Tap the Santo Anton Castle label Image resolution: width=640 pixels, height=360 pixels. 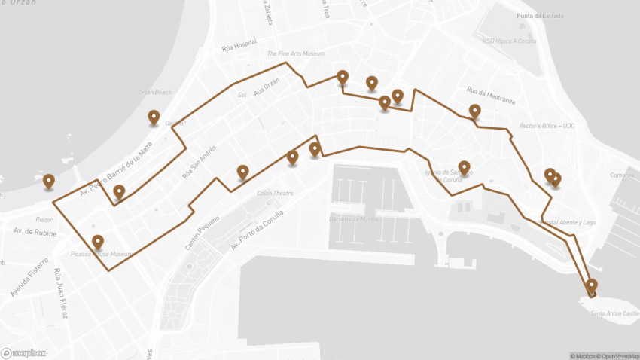[614, 313]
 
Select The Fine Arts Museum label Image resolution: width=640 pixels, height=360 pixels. [296, 54]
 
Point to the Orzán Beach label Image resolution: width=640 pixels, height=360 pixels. [154, 93]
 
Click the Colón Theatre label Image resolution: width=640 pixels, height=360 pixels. [275, 194]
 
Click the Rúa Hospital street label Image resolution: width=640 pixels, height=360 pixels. [239, 46]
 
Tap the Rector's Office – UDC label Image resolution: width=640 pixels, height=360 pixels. [547, 126]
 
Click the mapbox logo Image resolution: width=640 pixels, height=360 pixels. [23, 352]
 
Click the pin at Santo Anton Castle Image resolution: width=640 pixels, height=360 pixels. [591, 285]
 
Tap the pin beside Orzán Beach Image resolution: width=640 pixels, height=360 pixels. [154, 117]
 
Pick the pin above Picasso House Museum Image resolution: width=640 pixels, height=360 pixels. [97, 242]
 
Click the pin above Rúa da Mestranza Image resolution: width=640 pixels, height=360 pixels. [474, 111]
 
